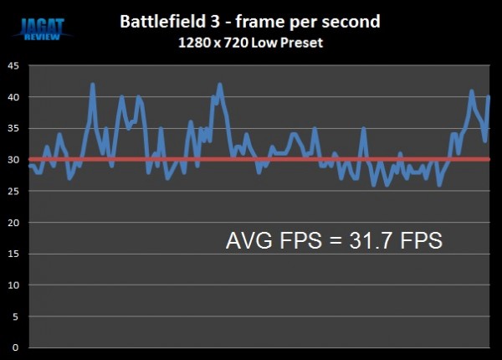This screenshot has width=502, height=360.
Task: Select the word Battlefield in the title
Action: [161, 20]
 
